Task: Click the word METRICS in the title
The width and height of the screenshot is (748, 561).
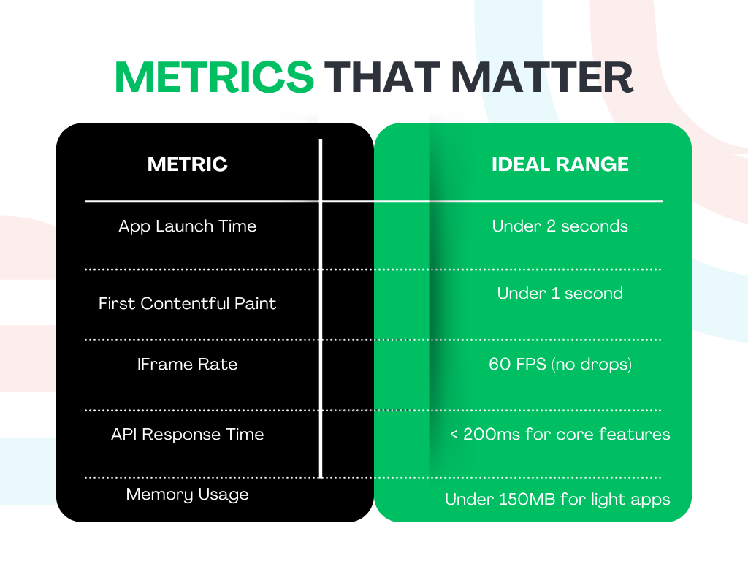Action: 214,77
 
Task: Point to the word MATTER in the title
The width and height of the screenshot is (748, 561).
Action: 542,77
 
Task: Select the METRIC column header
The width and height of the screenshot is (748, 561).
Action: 188,164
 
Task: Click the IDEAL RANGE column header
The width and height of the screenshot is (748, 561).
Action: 560,164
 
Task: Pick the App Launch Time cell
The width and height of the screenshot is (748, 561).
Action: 188,226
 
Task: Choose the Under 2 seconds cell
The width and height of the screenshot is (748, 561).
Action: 560,226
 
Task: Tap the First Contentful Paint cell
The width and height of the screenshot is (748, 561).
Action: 188,303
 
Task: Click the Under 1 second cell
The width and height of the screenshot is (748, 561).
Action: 560,293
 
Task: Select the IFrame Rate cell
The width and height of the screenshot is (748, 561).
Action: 188,364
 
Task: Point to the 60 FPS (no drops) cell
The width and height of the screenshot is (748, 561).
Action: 560,365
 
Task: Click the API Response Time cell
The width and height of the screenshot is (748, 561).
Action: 188,434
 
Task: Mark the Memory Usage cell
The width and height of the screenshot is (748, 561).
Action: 188,495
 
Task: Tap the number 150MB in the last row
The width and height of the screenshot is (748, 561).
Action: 527,500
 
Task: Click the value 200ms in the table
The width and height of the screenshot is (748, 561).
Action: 492,434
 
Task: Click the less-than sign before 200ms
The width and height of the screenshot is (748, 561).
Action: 454,435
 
